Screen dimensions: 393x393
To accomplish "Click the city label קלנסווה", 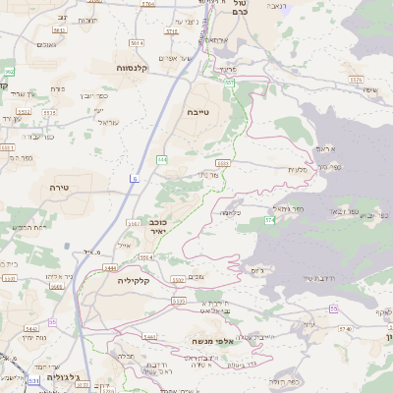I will coord(139,68).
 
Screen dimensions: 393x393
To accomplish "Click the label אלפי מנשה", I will coord(211,341).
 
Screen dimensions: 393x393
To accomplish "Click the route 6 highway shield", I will coord(134,178).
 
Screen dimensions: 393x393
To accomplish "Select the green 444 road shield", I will coord(161,159).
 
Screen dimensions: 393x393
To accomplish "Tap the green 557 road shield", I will coord(228,84).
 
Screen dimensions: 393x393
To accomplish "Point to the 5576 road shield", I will coord(172,31).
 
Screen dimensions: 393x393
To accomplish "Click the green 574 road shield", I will coord(268,220).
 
